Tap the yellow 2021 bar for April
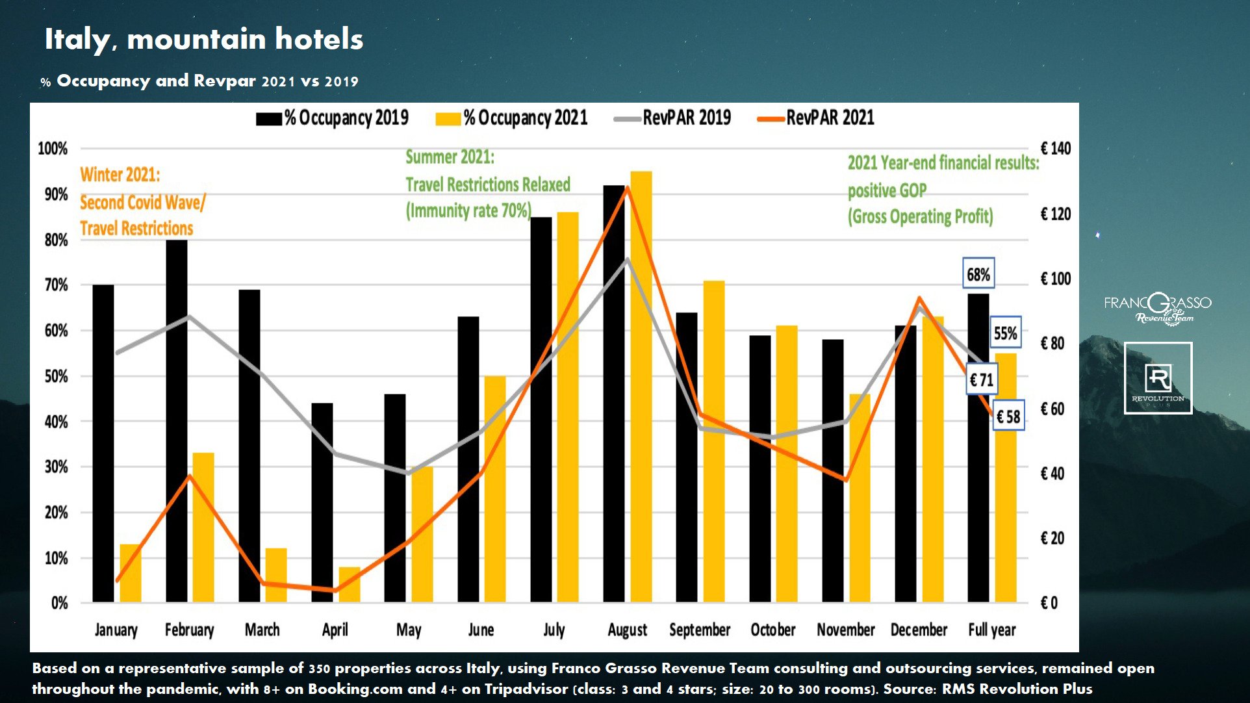click(x=349, y=584)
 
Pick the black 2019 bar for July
click(x=541, y=409)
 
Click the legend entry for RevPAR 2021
click(x=816, y=118)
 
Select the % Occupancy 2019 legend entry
click(x=332, y=118)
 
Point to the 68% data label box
click(x=978, y=274)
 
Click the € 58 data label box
click(x=1008, y=416)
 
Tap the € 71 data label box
click(x=982, y=379)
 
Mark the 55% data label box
click(x=1005, y=333)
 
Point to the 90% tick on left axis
click(x=56, y=194)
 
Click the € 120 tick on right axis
click(x=1055, y=214)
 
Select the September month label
click(x=700, y=630)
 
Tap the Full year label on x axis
click(x=991, y=630)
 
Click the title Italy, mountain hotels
click(x=203, y=39)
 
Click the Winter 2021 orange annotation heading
click(x=120, y=175)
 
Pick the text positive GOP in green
click(x=887, y=190)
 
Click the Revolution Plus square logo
click(x=1158, y=378)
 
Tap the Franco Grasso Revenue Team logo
click(x=1157, y=308)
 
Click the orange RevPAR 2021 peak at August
click(x=627, y=187)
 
